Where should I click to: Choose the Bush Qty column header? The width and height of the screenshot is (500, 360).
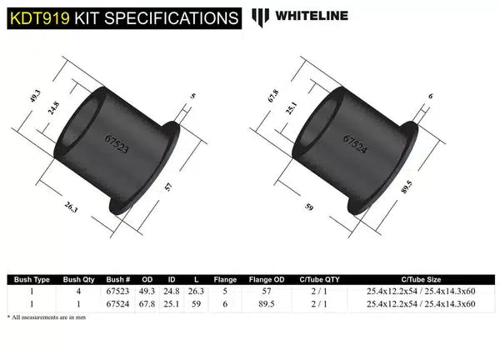(x=80, y=281)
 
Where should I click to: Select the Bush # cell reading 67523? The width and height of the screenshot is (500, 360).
(x=118, y=292)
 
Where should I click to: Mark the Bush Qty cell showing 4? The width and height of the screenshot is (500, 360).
(x=80, y=292)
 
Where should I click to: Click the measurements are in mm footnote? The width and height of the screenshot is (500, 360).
(x=49, y=318)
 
